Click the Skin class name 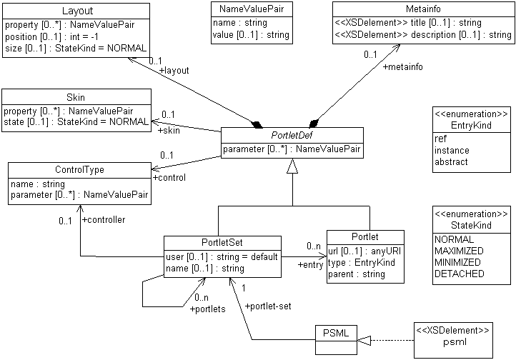click(76, 98)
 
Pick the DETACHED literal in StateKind click(458, 274)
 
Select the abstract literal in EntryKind click(452, 162)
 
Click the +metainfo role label click(405, 67)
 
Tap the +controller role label click(104, 220)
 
